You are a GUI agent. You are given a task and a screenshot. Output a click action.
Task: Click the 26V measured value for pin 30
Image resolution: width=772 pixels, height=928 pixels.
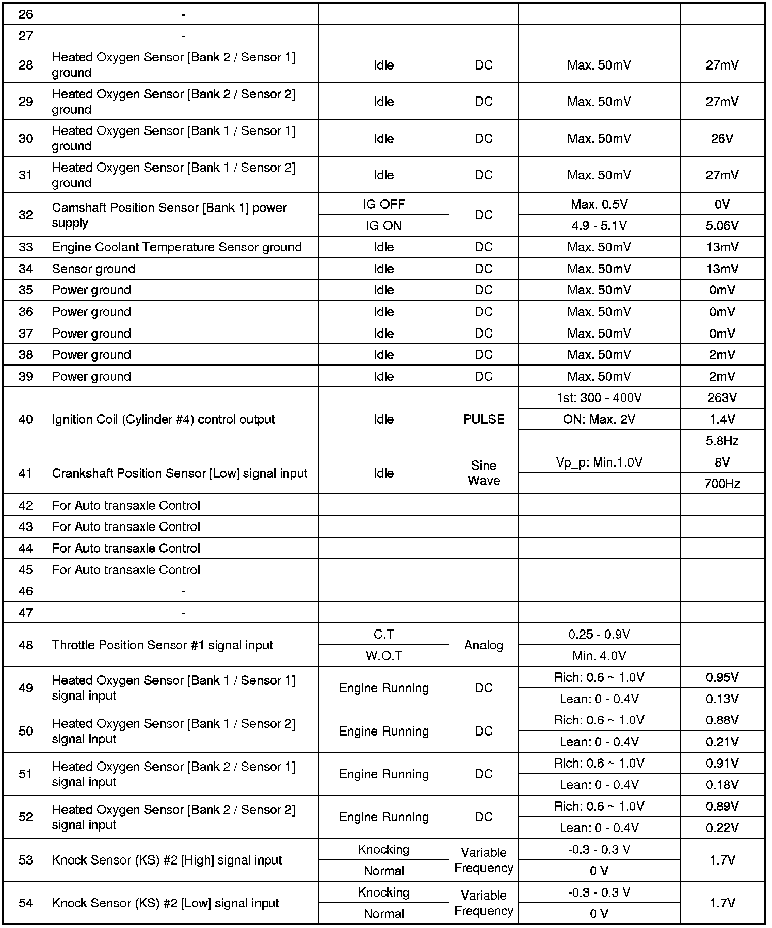coord(722,139)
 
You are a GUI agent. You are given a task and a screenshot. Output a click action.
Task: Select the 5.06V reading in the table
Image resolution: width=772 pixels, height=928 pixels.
coord(722,225)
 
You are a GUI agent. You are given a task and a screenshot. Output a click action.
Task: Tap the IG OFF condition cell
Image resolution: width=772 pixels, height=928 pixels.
coord(383,204)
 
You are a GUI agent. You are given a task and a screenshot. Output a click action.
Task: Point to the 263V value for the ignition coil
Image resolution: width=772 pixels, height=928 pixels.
coord(722,397)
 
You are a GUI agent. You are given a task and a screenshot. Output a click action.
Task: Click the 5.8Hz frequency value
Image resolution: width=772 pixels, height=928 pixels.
coord(722,441)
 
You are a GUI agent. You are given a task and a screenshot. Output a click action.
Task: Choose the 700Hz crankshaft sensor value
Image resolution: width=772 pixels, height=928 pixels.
coord(722,483)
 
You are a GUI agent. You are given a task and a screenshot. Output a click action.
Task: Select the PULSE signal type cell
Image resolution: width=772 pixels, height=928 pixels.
coord(484,419)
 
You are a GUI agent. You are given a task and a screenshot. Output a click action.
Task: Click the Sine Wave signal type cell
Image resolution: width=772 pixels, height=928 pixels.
coord(484,473)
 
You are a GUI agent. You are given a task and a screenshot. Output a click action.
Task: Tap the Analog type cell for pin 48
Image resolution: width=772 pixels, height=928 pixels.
coord(484,645)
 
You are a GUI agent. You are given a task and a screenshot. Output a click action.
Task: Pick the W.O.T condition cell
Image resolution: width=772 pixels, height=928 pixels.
coord(383,656)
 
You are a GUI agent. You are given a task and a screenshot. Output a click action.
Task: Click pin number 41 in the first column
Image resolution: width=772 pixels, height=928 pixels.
coord(26,473)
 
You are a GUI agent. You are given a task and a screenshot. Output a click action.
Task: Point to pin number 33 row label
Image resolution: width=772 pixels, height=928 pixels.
coord(26,247)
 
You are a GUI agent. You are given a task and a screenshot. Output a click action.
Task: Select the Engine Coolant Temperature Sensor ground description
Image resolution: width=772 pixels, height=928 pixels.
coord(177,247)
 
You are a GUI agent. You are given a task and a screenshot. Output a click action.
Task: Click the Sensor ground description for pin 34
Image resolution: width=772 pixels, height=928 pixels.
coord(94,269)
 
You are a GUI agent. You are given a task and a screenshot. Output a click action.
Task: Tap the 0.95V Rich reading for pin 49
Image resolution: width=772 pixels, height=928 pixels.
coord(722,677)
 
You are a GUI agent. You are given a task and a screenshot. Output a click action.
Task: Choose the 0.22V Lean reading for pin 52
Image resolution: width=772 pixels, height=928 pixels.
coord(722,828)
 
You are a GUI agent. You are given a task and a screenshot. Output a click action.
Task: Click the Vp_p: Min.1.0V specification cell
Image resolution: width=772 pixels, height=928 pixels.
coord(599,462)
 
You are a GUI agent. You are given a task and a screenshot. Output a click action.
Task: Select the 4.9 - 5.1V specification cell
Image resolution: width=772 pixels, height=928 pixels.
coord(599,225)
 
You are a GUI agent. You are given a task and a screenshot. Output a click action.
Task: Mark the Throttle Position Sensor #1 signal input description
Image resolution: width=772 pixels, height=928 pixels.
coord(163,645)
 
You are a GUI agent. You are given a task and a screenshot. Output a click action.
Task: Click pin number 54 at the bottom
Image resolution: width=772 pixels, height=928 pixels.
coord(26,903)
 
